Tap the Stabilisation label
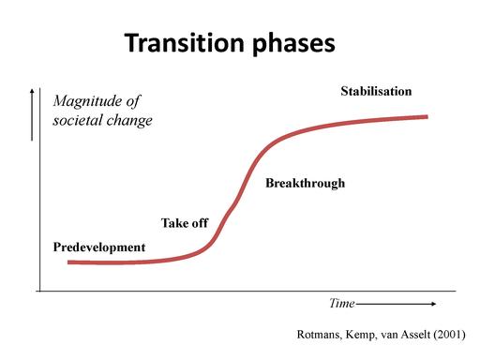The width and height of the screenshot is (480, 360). point(375,91)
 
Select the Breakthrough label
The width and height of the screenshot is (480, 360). point(305,183)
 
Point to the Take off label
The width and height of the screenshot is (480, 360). point(184,222)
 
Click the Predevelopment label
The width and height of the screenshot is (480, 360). point(99,247)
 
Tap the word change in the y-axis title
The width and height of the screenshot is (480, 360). point(131,121)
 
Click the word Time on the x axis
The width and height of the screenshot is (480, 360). point(341,304)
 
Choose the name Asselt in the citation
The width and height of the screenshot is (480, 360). point(413,335)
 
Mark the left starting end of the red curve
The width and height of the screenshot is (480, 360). point(68,262)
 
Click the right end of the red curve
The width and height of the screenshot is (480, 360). point(427,116)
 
